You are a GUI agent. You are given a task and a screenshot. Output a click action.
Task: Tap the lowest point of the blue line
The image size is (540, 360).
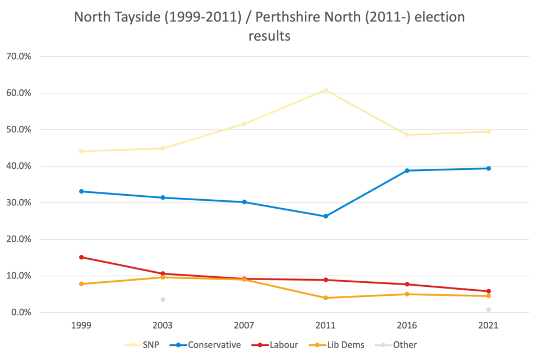[325, 217]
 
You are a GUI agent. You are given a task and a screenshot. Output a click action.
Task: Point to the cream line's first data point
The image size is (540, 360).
[81, 152]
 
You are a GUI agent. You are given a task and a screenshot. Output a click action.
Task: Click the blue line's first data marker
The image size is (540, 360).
[81, 191]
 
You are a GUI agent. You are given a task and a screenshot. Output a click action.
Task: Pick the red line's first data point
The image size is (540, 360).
[81, 257]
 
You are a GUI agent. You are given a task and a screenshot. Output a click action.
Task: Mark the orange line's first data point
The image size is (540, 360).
[81, 284]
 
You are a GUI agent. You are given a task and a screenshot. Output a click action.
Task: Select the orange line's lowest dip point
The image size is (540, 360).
[325, 298]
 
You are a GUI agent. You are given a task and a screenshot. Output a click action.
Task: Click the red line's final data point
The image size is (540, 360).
[489, 291]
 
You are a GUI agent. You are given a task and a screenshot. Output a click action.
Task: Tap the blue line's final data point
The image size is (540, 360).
[489, 168]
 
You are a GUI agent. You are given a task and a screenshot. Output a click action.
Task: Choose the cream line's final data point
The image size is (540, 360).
[489, 132]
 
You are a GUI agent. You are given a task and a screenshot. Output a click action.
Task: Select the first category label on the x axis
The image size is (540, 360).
[81, 326]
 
